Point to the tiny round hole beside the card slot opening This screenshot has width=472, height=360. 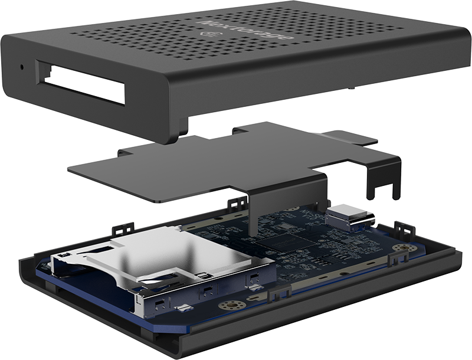(22, 67)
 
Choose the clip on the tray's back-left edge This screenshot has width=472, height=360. (123, 227)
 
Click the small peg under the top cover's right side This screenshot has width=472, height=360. (352, 88)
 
